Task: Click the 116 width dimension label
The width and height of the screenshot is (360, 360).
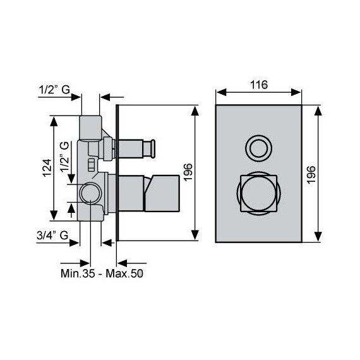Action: (x=259, y=85)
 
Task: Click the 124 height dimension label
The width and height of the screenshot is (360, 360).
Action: (x=47, y=168)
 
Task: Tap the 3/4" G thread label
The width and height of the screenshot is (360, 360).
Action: (x=52, y=235)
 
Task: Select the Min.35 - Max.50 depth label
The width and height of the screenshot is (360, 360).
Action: (x=102, y=273)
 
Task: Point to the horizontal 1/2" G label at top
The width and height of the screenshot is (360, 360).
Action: (x=54, y=89)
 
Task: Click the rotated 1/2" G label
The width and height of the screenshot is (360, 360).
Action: (x=64, y=157)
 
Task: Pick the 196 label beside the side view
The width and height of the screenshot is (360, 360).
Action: (x=188, y=172)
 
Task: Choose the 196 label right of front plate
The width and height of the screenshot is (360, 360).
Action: (x=311, y=174)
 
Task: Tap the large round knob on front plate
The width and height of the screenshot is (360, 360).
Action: (x=258, y=193)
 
